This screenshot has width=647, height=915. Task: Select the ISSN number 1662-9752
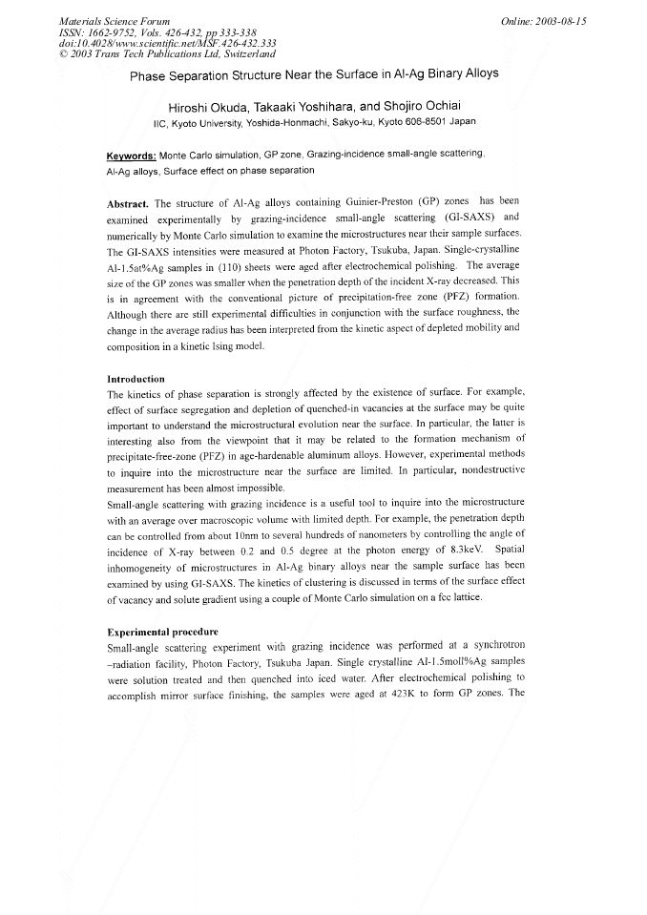point(118,31)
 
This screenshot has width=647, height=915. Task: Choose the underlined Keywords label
point(131,155)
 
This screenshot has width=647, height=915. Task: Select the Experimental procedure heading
point(162,632)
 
